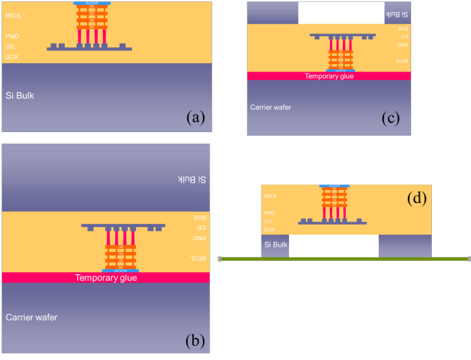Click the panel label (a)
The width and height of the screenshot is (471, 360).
click(195, 119)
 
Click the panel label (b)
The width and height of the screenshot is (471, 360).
click(195, 340)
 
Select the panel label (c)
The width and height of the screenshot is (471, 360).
click(391, 119)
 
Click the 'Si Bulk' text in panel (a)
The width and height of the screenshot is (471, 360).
click(20, 96)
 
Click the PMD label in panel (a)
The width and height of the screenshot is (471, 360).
click(12, 36)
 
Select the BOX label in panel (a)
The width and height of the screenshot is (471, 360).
click(12, 57)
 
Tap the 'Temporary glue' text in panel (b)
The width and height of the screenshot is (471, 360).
click(106, 278)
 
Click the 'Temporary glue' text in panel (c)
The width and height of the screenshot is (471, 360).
click(329, 76)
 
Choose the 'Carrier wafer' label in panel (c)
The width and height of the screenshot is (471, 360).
click(270, 107)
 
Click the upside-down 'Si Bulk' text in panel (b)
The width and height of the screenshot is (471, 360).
click(191, 180)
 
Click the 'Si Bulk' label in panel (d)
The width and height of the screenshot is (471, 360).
click(275, 245)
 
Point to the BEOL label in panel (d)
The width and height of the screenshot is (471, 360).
click(271, 196)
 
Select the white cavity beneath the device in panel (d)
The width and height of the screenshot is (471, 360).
click(334, 245)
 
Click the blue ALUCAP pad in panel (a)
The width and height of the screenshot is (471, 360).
click(92, 3)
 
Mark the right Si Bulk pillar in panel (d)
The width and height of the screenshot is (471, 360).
click(404, 245)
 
